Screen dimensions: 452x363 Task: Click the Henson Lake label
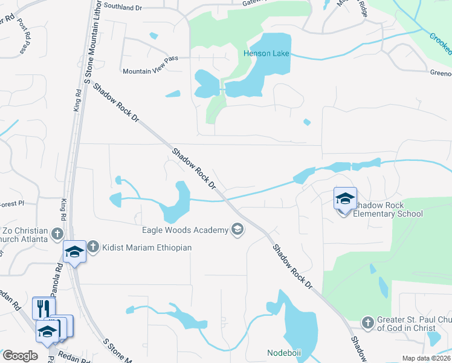pyautogui.click(x=266, y=53)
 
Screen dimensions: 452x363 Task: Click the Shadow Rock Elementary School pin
pyautogui.click(x=345, y=199)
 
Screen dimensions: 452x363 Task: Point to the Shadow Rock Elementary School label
pyautogui.click(x=387, y=209)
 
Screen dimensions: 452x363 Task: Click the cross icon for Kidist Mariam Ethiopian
pyautogui.click(x=92, y=246)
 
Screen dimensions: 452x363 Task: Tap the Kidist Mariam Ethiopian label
pyautogui.click(x=146, y=247)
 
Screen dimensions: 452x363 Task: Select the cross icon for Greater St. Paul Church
pyautogui.click(x=367, y=323)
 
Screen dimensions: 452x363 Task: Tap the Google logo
pyautogui.click(x=19, y=356)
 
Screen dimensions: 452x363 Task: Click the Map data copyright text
pyautogui.click(x=427, y=358)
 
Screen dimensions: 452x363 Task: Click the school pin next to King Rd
pyautogui.click(x=75, y=251)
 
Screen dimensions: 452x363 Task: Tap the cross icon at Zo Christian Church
pyautogui.click(x=57, y=233)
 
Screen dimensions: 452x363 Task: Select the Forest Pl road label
pyautogui.click(x=11, y=204)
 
